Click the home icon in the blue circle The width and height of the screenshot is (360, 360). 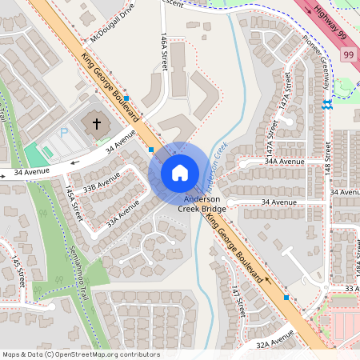(x=180, y=172)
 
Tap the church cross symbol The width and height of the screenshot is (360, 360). (x=97, y=124)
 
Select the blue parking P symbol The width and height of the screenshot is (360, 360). (x=65, y=133)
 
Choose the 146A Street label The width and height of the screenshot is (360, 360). (x=164, y=53)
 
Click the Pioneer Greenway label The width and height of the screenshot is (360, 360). (x=318, y=60)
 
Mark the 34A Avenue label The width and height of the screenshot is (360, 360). (x=286, y=162)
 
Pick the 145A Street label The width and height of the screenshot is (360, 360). (x=74, y=203)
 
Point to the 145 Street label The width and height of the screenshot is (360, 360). (x=15, y=273)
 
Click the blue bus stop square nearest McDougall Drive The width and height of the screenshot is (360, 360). (x=126, y=95)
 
